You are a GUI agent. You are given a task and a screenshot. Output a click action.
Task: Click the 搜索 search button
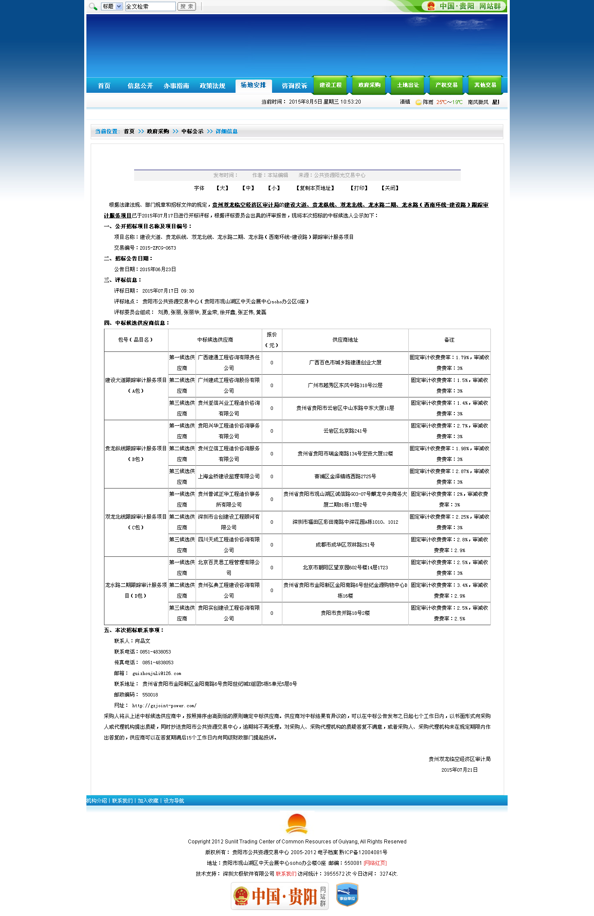point(187,6)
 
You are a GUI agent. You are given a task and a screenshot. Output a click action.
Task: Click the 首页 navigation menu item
point(104,86)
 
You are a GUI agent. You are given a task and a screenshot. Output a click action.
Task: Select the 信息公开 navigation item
point(140,86)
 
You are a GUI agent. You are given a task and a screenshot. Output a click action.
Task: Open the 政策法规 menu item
point(212,86)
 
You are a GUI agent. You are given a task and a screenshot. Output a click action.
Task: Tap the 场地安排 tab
point(253,85)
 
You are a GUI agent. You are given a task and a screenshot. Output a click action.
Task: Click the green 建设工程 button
point(331,85)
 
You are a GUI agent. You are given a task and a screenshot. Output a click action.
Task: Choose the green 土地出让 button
point(408,85)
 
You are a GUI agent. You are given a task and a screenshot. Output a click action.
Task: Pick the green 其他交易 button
point(485,85)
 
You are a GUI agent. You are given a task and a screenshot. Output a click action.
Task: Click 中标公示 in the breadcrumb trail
point(192,131)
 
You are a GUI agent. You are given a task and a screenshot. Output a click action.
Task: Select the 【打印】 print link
point(359,188)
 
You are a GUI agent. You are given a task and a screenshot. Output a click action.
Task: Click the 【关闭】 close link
point(390,188)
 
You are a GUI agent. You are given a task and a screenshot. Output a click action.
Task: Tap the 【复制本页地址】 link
point(315,188)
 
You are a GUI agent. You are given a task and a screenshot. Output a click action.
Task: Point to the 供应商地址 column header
point(345,340)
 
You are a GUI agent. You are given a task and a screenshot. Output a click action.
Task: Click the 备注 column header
point(449,340)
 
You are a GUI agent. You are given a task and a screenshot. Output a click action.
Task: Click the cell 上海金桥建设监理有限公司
point(229,476)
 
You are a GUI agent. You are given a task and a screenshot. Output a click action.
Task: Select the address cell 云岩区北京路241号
point(345,431)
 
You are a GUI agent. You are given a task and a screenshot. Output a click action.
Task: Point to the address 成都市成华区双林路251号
point(345,545)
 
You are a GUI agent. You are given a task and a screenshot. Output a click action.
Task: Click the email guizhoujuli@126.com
point(157,674)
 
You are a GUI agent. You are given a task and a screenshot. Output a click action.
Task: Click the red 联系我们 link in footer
point(286,873)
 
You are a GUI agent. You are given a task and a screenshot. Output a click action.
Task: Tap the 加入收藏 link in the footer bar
point(148,801)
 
